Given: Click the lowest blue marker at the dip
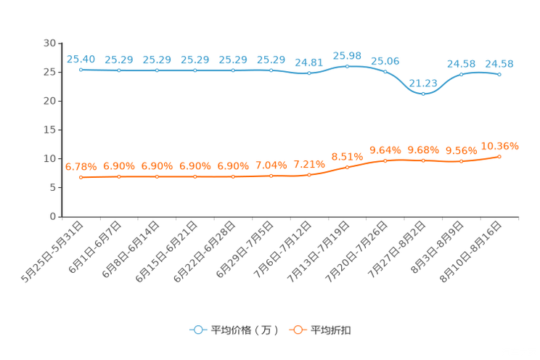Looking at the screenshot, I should pyautogui.click(x=423, y=94).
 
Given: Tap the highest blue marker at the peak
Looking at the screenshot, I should pyautogui.click(x=347, y=66).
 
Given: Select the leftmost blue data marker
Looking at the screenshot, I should pyautogui.click(x=81, y=70).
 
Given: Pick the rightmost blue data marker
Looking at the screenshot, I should pyautogui.click(x=499, y=74).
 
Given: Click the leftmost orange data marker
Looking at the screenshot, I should pyautogui.click(x=81, y=176).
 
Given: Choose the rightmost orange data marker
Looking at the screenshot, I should pyautogui.click(x=500, y=156).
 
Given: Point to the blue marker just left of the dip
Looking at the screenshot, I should pyautogui.click(x=385, y=71).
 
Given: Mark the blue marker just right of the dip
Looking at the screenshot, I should pyautogui.click(x=462, y=74).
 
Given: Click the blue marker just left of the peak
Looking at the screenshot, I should pyautogui.click(x=309, y=73).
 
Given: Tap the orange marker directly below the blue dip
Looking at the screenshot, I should pyautogui.click(x=423, y=160).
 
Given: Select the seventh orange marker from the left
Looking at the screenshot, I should pyautogui.click(x=309, y=174).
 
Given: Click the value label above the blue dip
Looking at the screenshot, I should pyautogui.click(x=423, y=82).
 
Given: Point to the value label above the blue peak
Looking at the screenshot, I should pyautogui.click(x=347, y=55).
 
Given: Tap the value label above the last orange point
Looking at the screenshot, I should pyautogui.click(x=500, y=146).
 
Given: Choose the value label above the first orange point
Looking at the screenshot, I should pyautogui.click(x=81, y=165).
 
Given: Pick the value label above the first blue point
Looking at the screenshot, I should pyautogui.click(x=81, y=59).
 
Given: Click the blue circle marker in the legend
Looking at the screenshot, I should pyautogui.click(x=198, y=330).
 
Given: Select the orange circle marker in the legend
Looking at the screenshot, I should pyautogui.click(x=297, y=330).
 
